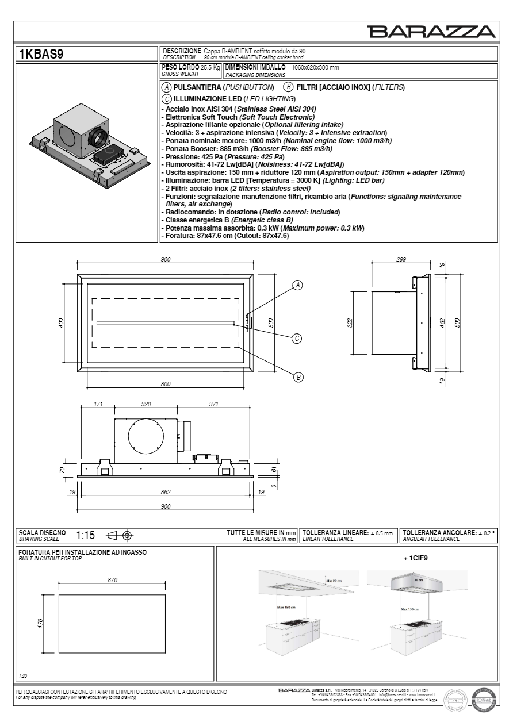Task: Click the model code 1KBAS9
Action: click(38, 55)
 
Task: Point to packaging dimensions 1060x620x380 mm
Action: click(315, 68)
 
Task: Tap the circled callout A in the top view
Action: click(297, 285)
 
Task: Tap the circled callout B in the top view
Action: click(298, 377)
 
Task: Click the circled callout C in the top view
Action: click(297, 338)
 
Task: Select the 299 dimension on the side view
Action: click(401, 260)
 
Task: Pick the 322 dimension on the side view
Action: click(350, 323)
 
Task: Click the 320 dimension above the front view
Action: click(146, 405)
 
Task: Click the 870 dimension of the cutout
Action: click(113, 581)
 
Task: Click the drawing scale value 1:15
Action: click(86, 536)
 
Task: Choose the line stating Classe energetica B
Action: click(227, 221)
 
